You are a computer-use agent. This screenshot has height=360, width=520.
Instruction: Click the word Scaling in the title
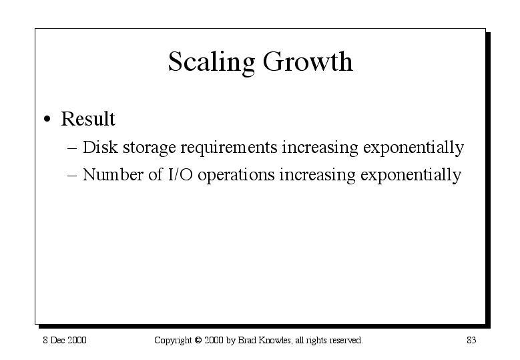(x=212, y=63)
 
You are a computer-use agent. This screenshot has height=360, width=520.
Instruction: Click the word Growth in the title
(x=308, y=61)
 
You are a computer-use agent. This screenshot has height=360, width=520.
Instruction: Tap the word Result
(x=88, y=118)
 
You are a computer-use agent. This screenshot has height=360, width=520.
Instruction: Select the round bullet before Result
(x=47, y=119)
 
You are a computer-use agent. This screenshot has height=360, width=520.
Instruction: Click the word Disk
(x=100, y=147)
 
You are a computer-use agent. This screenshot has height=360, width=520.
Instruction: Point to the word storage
(x=150, y=148)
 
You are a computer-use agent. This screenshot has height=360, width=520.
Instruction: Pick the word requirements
(x=229, y=148)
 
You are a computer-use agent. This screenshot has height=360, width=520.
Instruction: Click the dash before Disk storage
(x=72, y=148)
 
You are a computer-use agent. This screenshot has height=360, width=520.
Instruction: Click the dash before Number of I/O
(x=72, y=176)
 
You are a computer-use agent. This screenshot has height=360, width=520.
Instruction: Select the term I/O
(x=180, y=174)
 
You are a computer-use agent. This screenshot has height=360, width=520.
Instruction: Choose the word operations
(x=236, y=176)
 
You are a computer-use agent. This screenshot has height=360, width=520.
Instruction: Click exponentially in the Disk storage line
(x=414, y=148)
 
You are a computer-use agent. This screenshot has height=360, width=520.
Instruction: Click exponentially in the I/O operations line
(x=411, y=176)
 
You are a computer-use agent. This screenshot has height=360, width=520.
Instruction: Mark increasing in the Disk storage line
(x=320, y=148)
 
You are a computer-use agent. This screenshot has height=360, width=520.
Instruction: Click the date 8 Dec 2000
(x=65, y=340)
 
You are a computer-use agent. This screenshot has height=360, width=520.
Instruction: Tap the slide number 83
(x=471, y=340)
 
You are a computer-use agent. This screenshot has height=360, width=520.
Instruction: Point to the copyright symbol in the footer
(x=198, y=341)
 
